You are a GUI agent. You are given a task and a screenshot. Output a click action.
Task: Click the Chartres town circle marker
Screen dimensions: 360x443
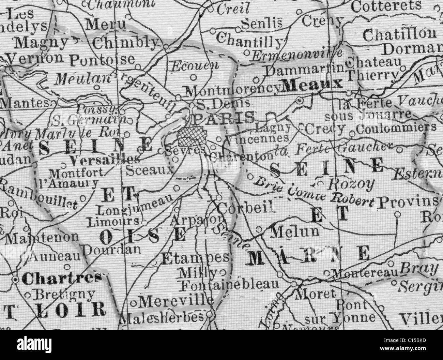[x=16, y=280]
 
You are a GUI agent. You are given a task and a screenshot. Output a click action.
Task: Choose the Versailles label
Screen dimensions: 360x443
[x=104, y=159]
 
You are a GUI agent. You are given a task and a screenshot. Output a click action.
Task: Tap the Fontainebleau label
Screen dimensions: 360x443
[x=230, y=284]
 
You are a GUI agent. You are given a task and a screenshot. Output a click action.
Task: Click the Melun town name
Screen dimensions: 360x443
[x=294, y=232]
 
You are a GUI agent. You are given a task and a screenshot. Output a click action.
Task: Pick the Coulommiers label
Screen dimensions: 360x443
[x=396, y=128]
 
